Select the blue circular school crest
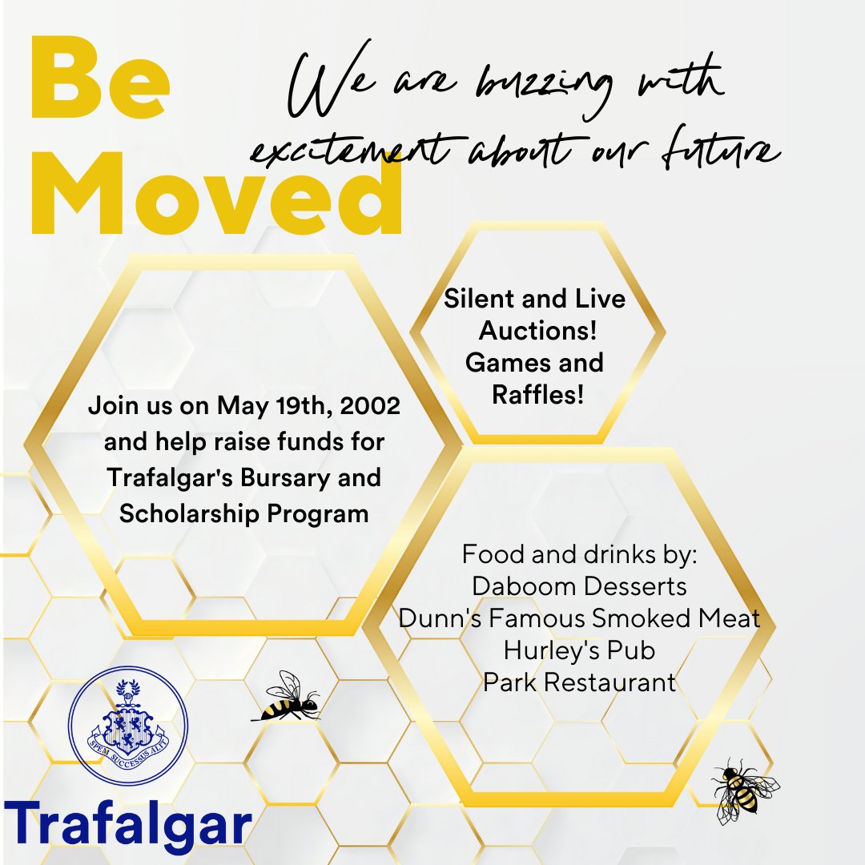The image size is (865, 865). pos(128,726)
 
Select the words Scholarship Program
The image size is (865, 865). pos(243,513)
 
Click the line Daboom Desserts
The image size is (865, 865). pos(579,586)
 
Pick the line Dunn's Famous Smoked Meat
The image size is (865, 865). pos(579,618)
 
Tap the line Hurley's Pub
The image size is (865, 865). pos(579,650)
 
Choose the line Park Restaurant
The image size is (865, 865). pos(579,682)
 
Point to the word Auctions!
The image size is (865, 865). pos(535,331)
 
